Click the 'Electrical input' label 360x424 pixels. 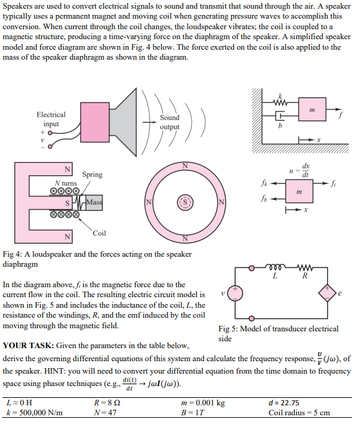click(x=50, y=119)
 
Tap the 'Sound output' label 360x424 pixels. click(x=169, y=122)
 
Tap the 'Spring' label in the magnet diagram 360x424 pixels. click(x=92, y=175)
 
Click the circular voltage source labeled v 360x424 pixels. click(x=236, y=293)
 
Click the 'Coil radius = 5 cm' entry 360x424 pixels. click(x=298, y=413)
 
